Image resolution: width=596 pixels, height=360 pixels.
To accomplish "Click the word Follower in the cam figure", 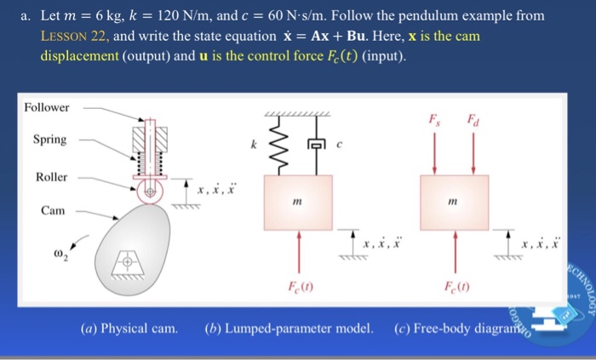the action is pos(47,108).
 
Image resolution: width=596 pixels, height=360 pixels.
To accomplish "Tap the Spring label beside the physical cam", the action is pos(49,140).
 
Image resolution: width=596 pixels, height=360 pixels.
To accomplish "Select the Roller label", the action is pos(51,177).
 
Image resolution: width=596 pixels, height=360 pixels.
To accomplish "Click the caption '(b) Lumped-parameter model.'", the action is pos(289,329).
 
